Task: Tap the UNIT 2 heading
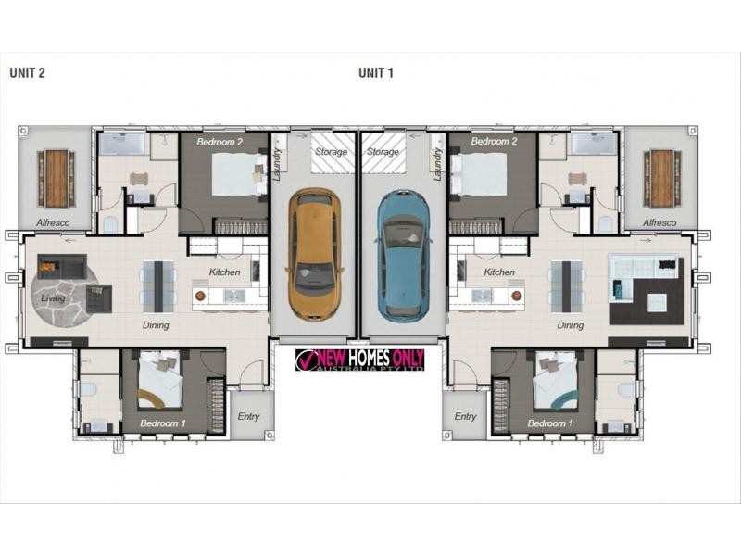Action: click(x=28, y=73)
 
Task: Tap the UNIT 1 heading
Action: click(x=376, y=73)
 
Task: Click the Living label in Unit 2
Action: click(x=54, y=298)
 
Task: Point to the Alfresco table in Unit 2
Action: click(x=57, y=179)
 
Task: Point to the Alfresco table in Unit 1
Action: click(x=661, y=179)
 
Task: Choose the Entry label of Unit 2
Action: click(x=248, y=417)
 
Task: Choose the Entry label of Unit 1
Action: click(x=465, y=417)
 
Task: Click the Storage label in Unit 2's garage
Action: click(x=331, y=152)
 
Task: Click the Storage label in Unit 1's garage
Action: click(x=383, y=152)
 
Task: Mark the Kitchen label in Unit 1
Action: click(x=499, y=272)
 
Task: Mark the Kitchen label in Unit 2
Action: click(x=224, y=272)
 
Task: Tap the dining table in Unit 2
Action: click(x=158, y=285)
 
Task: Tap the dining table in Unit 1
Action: click(x=565, y=285)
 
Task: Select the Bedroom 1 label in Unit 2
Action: click(x=158, y=423)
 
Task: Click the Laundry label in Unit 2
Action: click(x=277, y=161)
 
